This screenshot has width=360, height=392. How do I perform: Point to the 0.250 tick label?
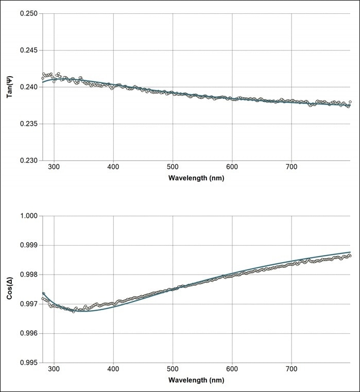pos(28,13)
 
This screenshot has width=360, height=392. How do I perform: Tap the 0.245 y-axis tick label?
pos(28,50)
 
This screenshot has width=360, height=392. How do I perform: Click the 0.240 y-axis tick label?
pos(28,87)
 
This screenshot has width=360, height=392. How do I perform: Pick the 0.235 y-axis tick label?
pos(28,124)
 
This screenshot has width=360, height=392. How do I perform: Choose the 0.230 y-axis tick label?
pos(28,161)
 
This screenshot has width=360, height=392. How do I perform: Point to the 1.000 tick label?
pos(28,215)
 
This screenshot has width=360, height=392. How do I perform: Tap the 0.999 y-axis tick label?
pos(28,245)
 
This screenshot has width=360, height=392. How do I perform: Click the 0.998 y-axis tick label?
pos(28,275)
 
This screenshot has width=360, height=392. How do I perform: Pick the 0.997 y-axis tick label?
pos(28,304)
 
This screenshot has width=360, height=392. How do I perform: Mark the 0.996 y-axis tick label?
pos(28,333)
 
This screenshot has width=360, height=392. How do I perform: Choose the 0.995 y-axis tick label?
pos(28,363)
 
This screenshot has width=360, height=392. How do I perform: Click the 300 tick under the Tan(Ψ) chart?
pos(54,168)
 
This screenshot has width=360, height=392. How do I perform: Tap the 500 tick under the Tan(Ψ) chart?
pos(173,168)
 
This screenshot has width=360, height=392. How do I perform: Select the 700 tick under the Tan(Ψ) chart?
pos(292,168)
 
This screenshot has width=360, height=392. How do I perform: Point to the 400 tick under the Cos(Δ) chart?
pos(113,370)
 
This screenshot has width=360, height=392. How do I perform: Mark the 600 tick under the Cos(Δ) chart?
pos(232,370)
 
